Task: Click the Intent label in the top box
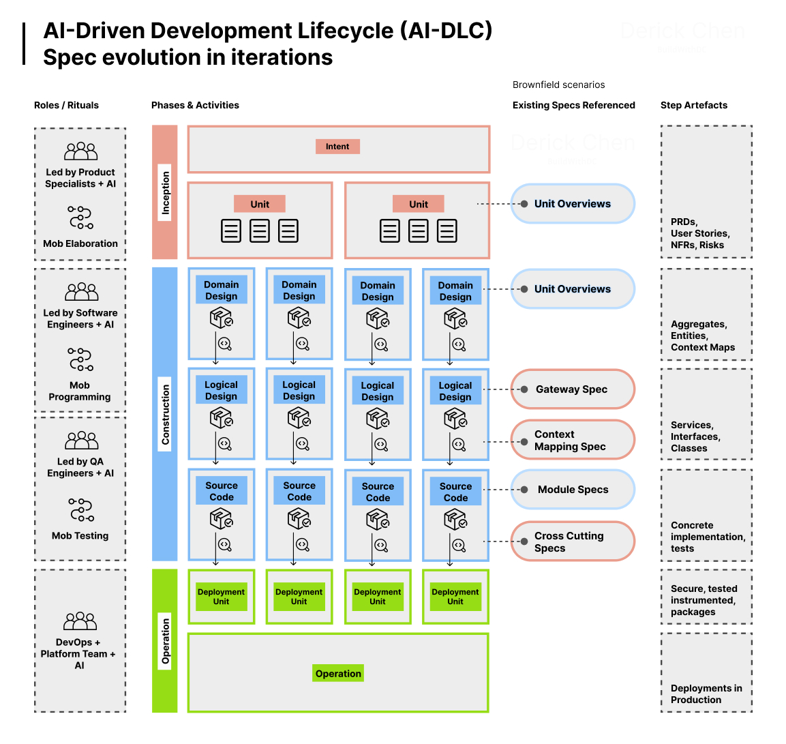[x=337, y=147]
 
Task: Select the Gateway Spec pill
[x=572, y=389]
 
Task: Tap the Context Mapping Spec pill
[x=572, y=440]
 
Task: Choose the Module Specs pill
[x=572, y=490]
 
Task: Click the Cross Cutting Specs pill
[x=572, y=541]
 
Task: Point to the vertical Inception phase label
[x=165, y=192]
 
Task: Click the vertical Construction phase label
[x=165, y=414]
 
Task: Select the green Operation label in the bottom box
[x=338, y=674]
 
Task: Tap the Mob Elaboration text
[x=80, y=243]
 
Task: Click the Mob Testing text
[x=80, y=536]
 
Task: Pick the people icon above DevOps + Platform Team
[x=80, y=621]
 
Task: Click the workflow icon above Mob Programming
[x=80, y=359]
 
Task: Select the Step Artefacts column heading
[x=693, y=105]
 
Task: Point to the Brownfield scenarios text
[x=558, y=85]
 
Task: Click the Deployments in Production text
[x=706, y=694]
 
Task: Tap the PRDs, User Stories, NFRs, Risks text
[x=699, y=233]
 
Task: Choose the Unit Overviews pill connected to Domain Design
[x=572, y=289]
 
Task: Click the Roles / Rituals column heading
[x=66, y=105]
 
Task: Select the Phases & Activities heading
[x=195, y=105]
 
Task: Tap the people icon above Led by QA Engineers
[x=82, y=441]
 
